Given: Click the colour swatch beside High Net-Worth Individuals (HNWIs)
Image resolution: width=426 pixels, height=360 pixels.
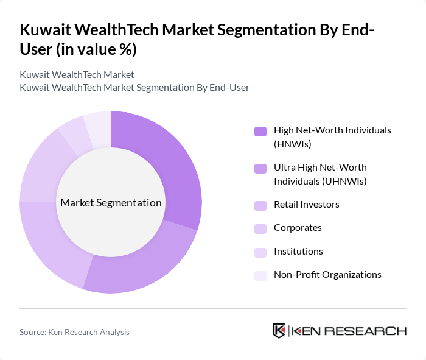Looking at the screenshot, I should point(260,131).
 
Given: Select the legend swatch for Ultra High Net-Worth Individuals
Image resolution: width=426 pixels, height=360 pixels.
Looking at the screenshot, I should point(260,168).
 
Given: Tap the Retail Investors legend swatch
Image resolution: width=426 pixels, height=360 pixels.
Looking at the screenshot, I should point(260,205).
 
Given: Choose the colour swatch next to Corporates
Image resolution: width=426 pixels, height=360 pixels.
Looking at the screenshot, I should point(260,228).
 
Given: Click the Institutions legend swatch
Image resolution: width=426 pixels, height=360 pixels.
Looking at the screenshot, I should point(260,252).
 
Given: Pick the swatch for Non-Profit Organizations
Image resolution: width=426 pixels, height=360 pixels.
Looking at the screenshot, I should point(260,275).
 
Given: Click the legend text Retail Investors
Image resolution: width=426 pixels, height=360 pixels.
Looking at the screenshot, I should point(307,205).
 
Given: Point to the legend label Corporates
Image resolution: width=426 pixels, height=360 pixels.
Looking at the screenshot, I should point(298,228).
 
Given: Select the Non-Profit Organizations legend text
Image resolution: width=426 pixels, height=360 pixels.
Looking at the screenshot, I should point(327,275).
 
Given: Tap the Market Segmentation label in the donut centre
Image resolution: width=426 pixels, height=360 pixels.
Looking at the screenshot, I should point(111,203).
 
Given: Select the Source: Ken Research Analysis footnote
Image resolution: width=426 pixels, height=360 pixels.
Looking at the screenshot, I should point(74,332).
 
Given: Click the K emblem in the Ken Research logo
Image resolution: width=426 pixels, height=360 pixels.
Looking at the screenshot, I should point(279,331).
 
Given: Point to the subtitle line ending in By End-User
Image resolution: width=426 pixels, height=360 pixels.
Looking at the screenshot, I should point(134,88).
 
